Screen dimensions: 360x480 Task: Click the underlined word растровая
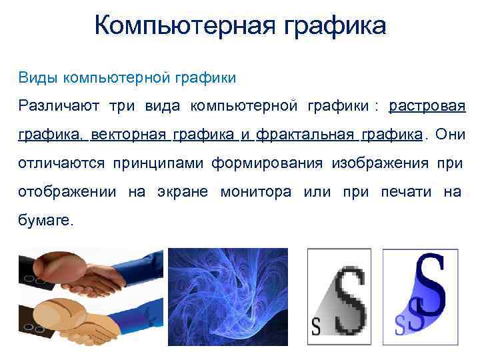pos(427,107)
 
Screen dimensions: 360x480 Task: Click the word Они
pos(451,135)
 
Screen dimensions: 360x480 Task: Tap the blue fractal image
pos(227,297)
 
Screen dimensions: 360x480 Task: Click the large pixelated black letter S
pos(350,300)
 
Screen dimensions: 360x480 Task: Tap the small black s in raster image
pos(316,327)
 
